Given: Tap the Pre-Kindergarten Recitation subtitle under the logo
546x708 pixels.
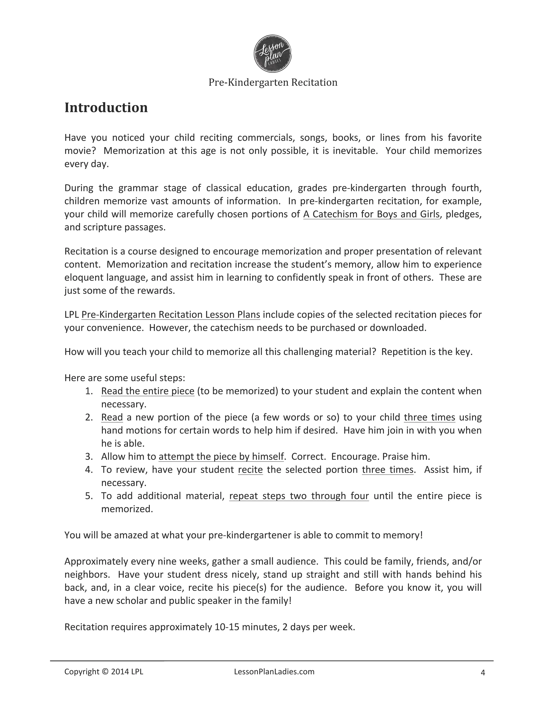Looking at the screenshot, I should [x=273, y=82].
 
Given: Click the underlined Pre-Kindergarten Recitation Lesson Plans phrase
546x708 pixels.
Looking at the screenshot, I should [x=171, y=315].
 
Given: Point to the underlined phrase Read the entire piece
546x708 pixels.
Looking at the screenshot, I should [x=148, y=391].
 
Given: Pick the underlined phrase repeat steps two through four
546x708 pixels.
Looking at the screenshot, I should [x=299, y=496].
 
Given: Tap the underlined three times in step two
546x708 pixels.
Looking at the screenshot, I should [x=429, y=417].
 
